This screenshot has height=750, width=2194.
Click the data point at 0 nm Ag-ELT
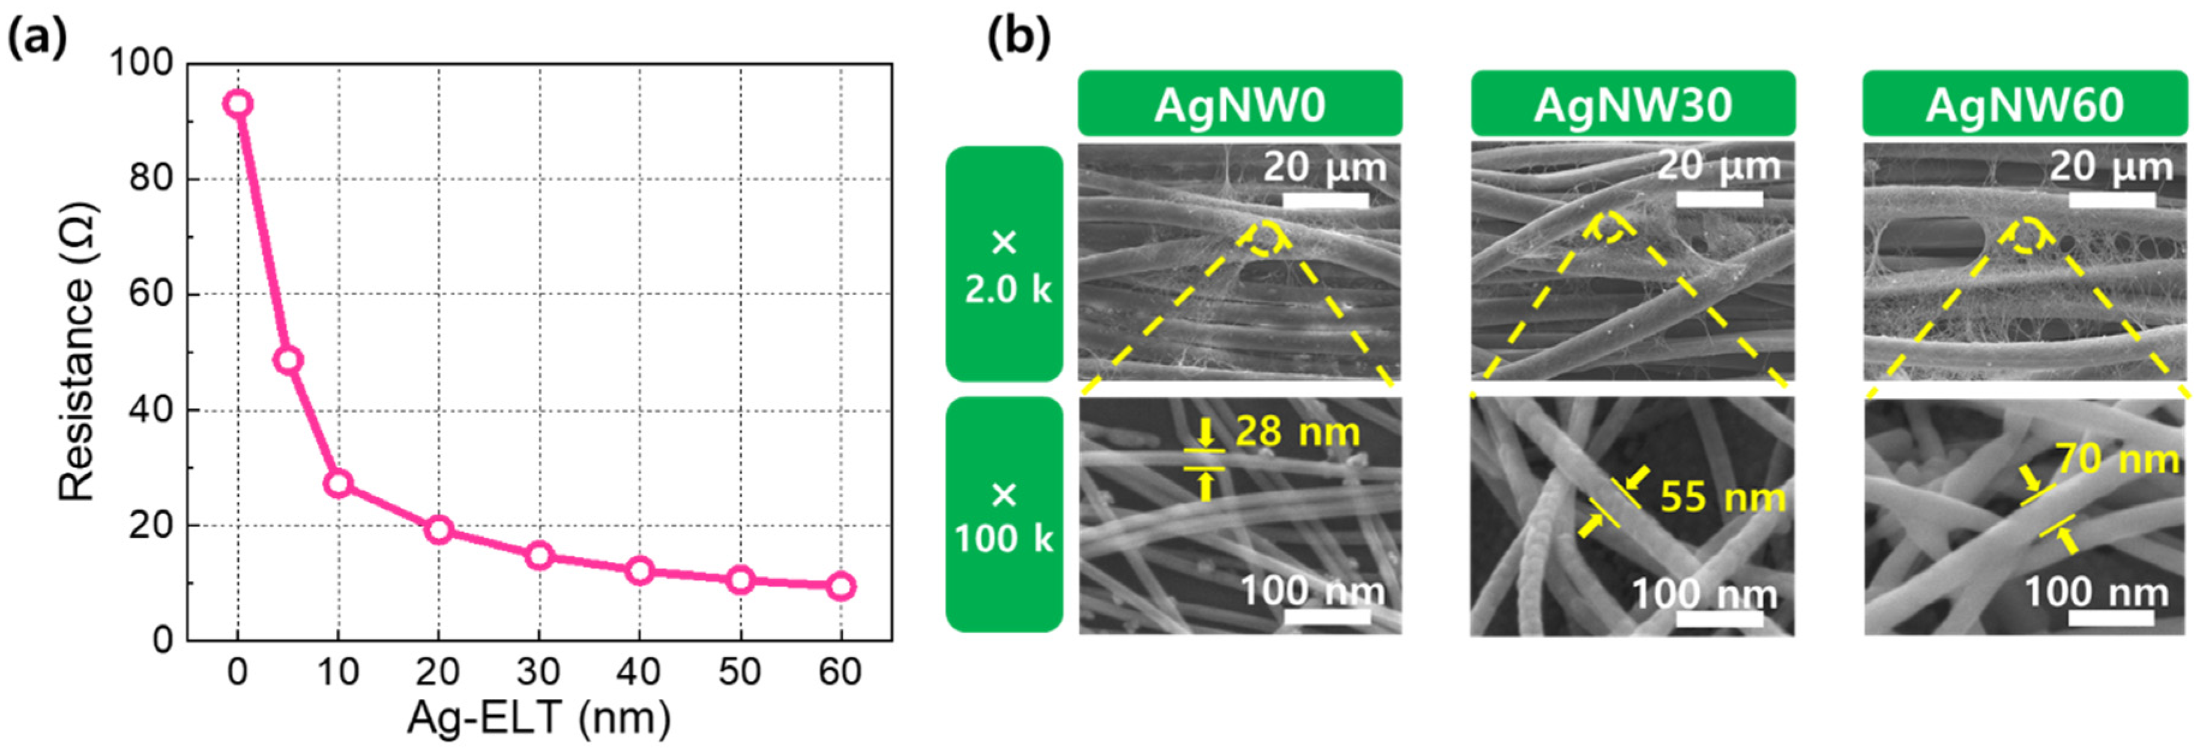click(x=238, y=104)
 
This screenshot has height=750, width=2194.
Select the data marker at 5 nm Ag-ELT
click(x=288, y=359)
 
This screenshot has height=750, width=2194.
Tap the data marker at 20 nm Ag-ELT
click(x=439, y=529)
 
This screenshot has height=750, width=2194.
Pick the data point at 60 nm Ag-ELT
click(x=840, y=587)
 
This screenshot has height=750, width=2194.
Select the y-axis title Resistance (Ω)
click(x=77, y=351)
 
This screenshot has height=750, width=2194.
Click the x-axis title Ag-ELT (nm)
click(x=538, y=719)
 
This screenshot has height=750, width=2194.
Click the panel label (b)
click(x=1019, y=38)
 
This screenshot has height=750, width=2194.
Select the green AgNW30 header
click(x=1633, y=104)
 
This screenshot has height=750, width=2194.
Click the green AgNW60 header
click(x=2025, y=104)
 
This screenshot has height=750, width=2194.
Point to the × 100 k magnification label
click(x=1005, y=516)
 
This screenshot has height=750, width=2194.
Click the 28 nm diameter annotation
click(x=1297, y=432)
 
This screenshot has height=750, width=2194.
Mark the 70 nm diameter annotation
click(x=2117, y=460)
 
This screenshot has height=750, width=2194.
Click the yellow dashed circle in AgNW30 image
click(x=1609, y=228)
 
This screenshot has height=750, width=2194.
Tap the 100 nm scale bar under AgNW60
click(x=2111, y=616)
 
